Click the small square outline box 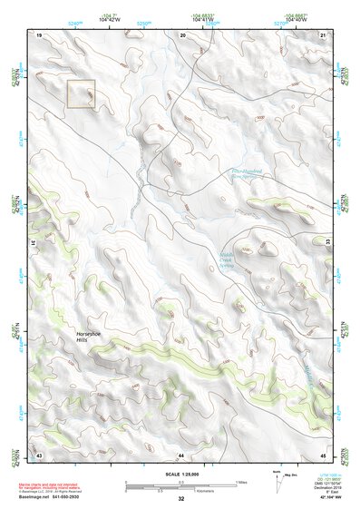pyautogui.click(x=82, y=94)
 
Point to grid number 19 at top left pyautogui.click(x=40, y=34)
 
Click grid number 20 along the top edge pyautogui.click(x=183, y=34)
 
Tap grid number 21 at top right pyautogui.click(x=325, y=34)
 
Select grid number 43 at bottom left pyautogui.click(x=40, y=454)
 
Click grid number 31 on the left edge pyautogui.click(x=33, y=243)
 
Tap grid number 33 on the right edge pyautogui.click(x=329, y=243)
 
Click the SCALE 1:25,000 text pyautogui.click(x=180, y=475)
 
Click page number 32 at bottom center pyautogui.click(x=181, y=499)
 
